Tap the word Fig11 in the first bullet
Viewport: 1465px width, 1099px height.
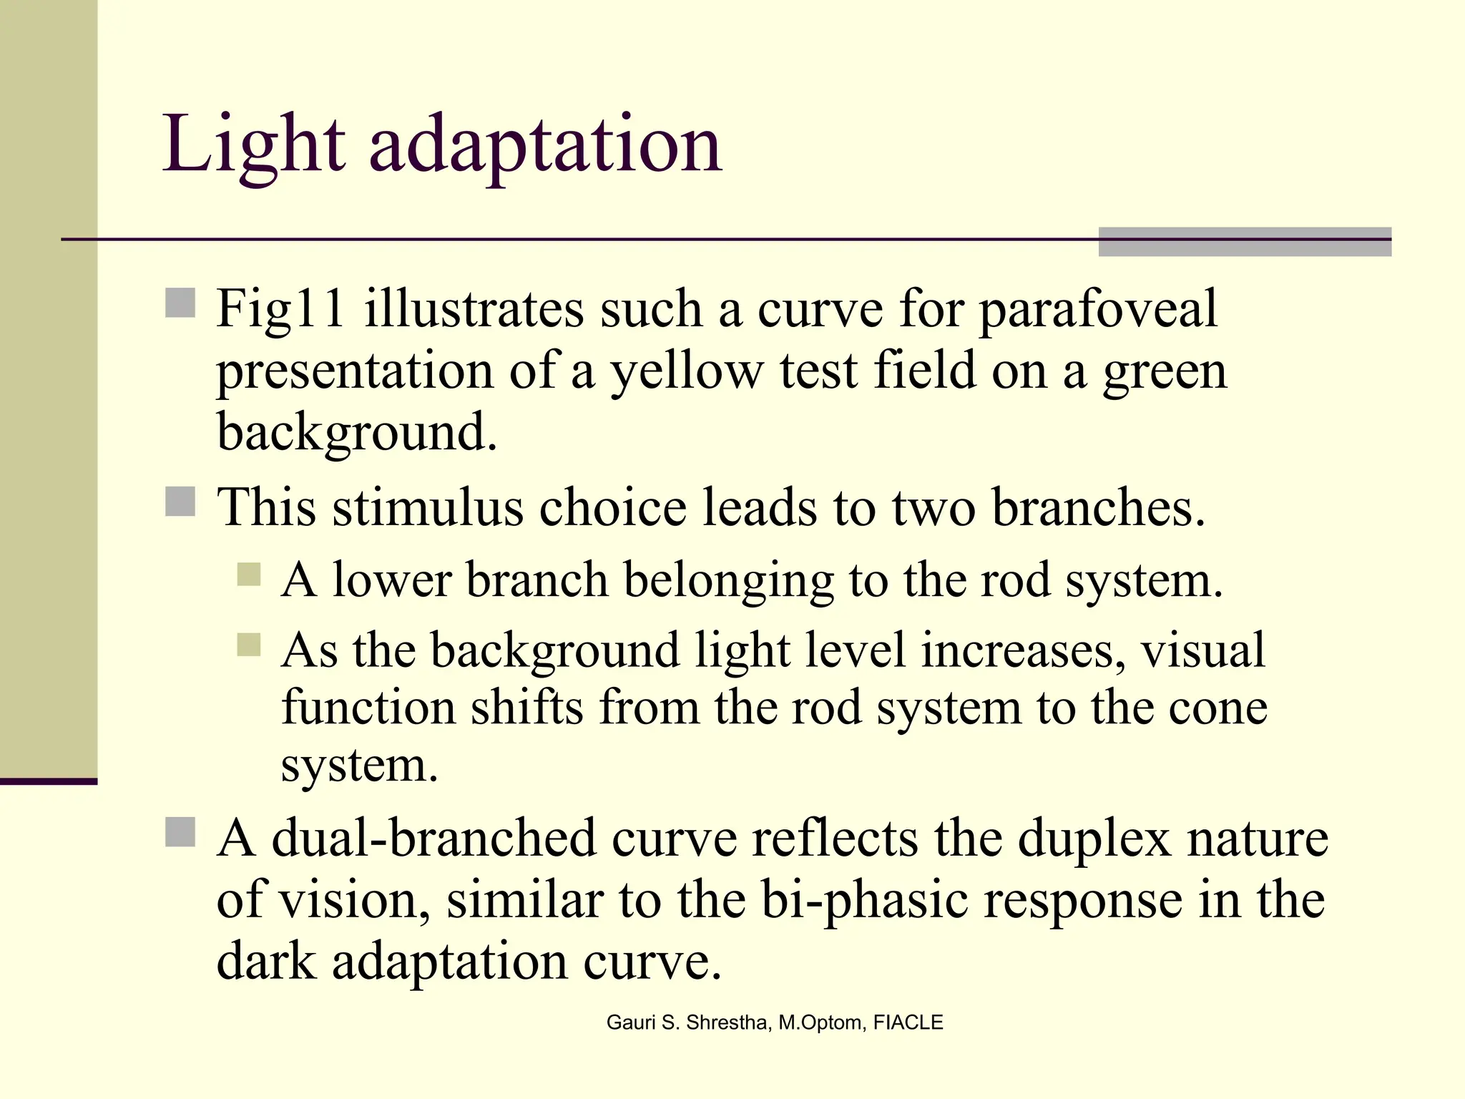(x=281, y=309)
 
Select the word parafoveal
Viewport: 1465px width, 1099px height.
(x=1097, y=309)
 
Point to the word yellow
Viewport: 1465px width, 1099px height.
(x=686, y=371)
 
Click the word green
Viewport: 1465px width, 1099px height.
(x=1165, y=371)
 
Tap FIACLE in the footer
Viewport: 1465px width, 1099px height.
(x=908, y=1022)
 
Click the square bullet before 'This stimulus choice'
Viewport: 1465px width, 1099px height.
(x=180, y=502)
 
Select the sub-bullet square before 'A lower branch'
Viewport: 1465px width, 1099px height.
(x=249, y=574)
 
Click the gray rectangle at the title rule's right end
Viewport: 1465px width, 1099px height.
(x=1245, y=242)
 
